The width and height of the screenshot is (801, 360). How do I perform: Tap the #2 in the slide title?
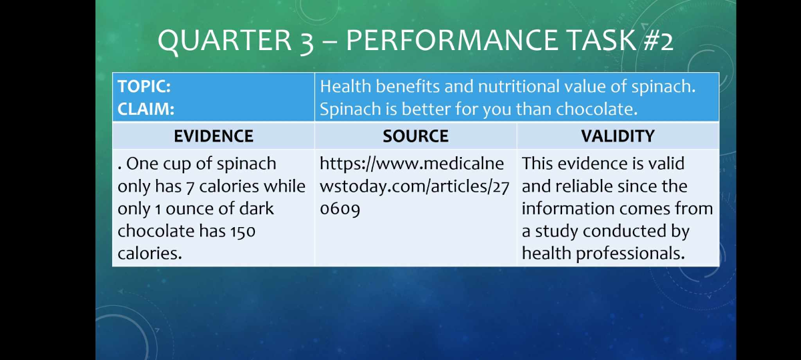pos(658,41)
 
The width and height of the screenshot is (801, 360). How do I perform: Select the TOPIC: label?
pos(145,87)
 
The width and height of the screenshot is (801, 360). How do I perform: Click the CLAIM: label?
pos(146,109)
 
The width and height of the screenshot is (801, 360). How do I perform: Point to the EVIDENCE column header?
pos(214,136)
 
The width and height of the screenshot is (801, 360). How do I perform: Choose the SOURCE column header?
pos(415,136)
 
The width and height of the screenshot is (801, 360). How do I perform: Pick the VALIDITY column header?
pos(617,136)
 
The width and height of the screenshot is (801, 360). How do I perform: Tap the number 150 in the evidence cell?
pos(243,231)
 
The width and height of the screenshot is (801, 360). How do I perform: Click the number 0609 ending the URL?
pos(340,208)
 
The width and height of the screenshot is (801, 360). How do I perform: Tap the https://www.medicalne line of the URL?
pos(412,164)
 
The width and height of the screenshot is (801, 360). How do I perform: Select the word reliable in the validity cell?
pos(585,186)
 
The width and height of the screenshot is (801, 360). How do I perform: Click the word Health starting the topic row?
pos(345,87)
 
